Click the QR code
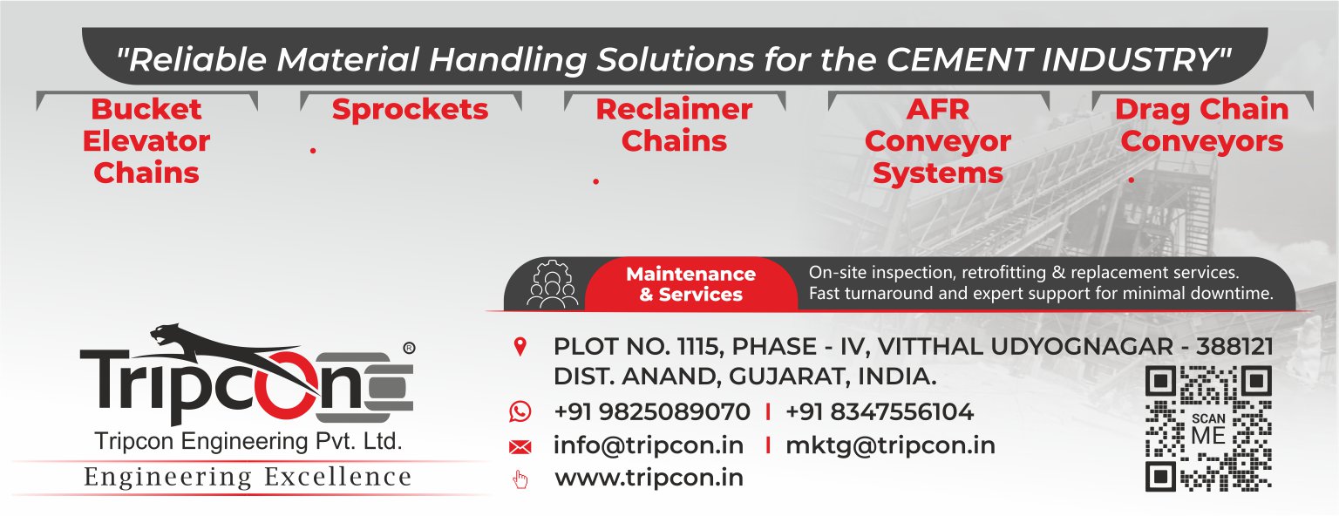coord(1207,428)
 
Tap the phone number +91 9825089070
coord(651,411)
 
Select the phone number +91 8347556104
coord(880,411)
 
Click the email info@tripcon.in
coord(648,445)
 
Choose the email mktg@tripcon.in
coord(890,445)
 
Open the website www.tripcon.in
coord(649,479)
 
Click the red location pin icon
coord(520,347)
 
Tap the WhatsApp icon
coord(520,411)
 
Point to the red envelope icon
coord(520,447)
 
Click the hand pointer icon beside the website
coord(520,479)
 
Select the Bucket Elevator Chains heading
coord(146,141)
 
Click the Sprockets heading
coord(410,110)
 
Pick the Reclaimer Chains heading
coord(674,126)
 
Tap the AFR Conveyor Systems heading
coord(938,141)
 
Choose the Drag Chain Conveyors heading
coord(1201,126)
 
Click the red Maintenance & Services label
coord(690,284)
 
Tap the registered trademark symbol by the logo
coord(409,347)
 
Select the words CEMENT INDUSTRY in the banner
coord(1055,59)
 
